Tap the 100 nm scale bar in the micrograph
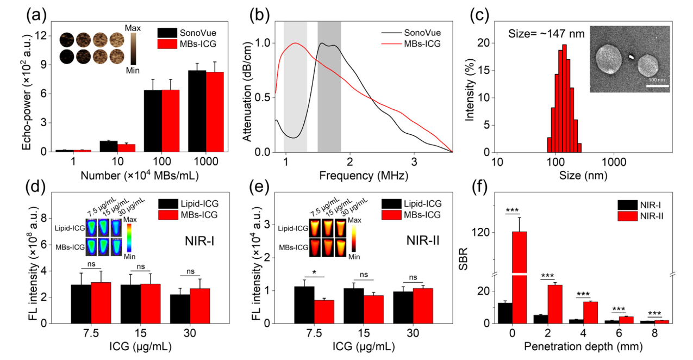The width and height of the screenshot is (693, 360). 657,84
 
